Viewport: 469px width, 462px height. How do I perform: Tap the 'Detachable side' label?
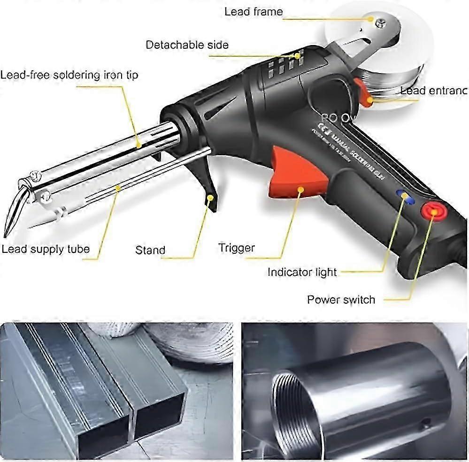coord(187,45)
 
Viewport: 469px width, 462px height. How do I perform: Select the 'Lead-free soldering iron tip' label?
coord(69,75)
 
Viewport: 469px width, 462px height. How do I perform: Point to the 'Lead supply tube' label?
coord(45,249)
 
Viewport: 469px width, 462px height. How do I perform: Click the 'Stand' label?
coord(150,250)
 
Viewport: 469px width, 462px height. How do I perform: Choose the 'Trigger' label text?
coord(237,248)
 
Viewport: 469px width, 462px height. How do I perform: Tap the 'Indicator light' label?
coord(302,272)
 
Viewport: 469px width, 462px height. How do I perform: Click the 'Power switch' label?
coord(341,299)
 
